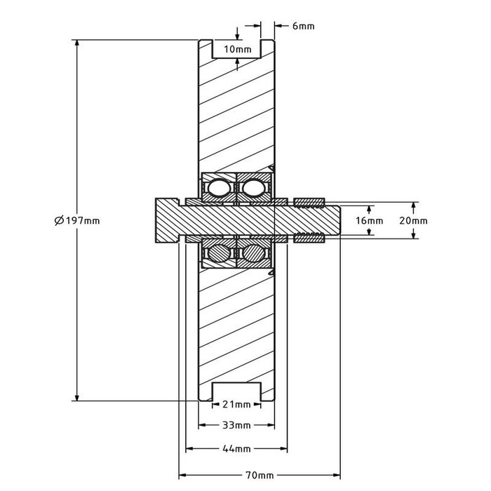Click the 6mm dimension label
pyautogui.click(x=303, y=26)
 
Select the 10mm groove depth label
pyautogui.click(x=237, y=49)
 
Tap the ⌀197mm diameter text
pyautogui.click(x=76, y=220)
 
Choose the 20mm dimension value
pyautogui.click(x=413, y=220)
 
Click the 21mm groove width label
pyautogui.click(x=236, y=405)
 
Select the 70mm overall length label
pyautogui.click(x=261, y=475)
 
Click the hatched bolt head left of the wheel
pyautogui.click(x=167, y=220)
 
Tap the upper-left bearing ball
pyautogui.click(x=217, y=188)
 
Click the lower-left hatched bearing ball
pyautogui.click(x=217, y=253)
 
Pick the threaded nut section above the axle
pyautogui.click(x=309, y=203)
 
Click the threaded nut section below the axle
pyautogui.click(x=309, y=238)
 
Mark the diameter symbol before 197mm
pyautogui.click(x=58, y=220)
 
